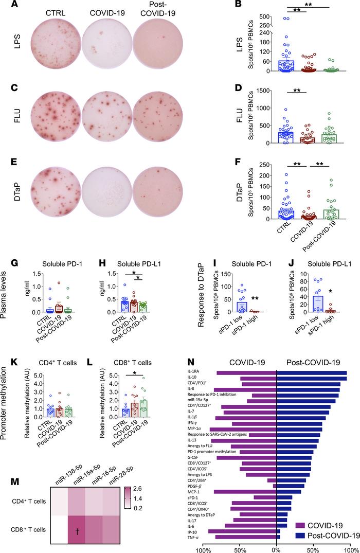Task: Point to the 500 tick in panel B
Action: (226, 17)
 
